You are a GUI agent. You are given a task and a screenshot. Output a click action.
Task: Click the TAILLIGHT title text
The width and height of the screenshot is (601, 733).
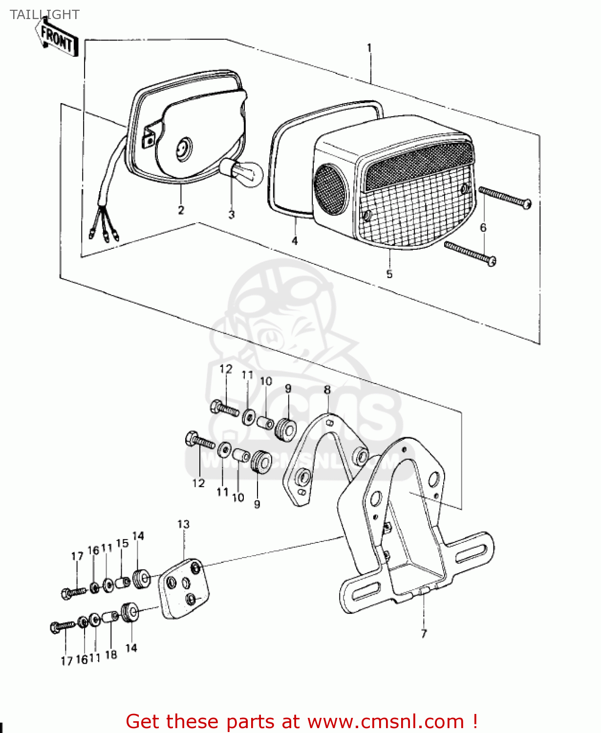pos(44,15)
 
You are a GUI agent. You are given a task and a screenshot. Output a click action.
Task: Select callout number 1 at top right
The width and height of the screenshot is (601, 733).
pos(369,48)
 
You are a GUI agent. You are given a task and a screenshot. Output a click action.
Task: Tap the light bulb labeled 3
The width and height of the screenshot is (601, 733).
pos(242,172)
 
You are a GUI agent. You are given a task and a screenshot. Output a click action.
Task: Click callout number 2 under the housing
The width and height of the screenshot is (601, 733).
pos(181,210)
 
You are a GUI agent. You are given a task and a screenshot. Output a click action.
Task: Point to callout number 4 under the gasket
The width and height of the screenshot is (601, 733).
pos(295,241)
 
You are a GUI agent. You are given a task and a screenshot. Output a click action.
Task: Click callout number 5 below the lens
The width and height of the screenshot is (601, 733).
pos(389,274)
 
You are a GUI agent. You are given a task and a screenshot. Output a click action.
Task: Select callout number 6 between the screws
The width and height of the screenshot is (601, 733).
pos(483,227)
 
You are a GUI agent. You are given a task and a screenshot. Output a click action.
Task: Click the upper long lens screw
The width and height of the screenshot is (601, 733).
pos(505,197)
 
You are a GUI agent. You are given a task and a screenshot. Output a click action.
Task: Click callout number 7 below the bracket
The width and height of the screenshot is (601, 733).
pos(424,634)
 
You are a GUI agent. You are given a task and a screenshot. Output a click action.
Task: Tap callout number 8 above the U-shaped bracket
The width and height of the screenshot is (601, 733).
pos(327,390)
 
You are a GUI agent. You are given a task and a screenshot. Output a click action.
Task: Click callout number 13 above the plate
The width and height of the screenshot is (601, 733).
pos(183,524)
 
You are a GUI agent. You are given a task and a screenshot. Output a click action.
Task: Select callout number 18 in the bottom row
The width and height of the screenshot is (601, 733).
pos(111,655)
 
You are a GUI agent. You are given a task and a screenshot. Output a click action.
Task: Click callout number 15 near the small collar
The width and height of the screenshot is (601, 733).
pos(122,543)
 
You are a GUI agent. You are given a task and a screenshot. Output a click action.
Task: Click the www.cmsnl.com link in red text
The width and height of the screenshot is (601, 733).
pos(386,721)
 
